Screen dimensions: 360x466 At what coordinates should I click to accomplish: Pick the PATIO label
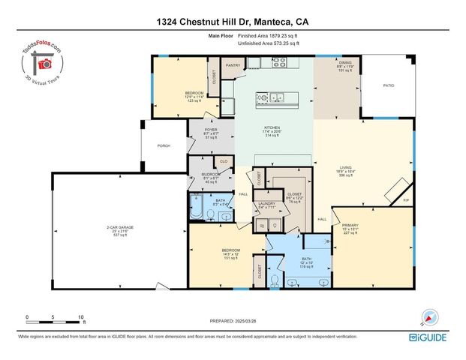click(x=388, y=86)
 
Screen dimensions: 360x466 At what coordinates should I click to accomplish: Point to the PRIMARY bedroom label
click(x=350, y=225)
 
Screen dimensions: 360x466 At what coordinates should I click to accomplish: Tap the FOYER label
click(x=211, y=130)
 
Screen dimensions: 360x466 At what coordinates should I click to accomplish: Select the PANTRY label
click(x=232, y=65)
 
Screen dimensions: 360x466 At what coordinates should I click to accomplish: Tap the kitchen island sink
click(x=272, y=96)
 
